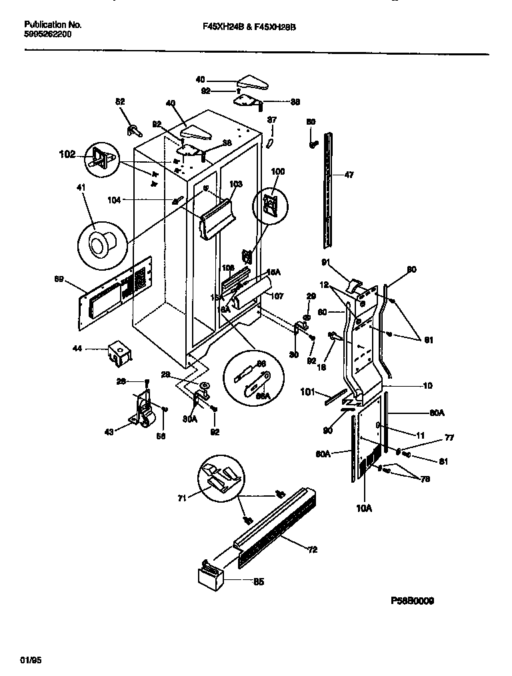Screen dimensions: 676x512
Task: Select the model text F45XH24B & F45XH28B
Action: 249,27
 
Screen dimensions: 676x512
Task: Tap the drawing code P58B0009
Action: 412,601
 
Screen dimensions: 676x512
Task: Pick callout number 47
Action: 349,175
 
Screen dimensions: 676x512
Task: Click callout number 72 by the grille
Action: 312,550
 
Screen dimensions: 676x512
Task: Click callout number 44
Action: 77,348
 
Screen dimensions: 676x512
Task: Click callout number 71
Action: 181,497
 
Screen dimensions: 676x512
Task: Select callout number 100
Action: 277,171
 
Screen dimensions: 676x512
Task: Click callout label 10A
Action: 364,508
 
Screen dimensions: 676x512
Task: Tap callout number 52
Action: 120,102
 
